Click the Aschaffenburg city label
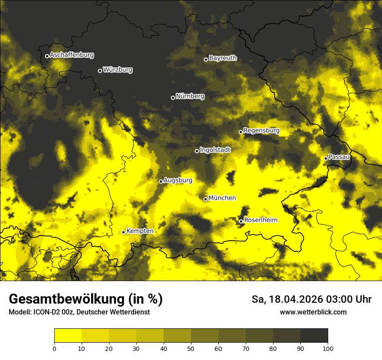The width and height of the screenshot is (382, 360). [x=72, y=55]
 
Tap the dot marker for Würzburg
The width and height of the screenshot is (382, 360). [x=100, y=71]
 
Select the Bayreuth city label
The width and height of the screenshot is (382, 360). [x=223, y=58]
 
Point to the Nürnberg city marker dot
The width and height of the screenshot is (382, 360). [x=173, y=98]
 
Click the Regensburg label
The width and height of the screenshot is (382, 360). [x=261, y=131]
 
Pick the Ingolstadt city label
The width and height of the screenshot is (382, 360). [x=215, y=150]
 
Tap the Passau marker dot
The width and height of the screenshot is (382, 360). [x=326, y=158]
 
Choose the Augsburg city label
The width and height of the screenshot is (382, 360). [x=178, y=180]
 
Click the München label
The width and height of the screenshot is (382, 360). [x=222, y=198]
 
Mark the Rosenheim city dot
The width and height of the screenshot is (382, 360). [x=241, y=222]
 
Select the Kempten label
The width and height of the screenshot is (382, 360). [x=140, y=231]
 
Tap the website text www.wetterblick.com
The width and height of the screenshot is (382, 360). [x=313, y=312]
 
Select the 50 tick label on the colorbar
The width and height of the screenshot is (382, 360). [x=191, y=348]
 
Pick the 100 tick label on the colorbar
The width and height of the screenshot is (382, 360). [x=327, y=348]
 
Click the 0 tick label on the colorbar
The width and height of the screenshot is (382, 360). [x=54, y=348]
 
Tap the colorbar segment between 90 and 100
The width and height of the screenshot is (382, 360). [x=314, y=336]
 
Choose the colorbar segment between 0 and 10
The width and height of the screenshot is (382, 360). [x=68, y=336]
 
